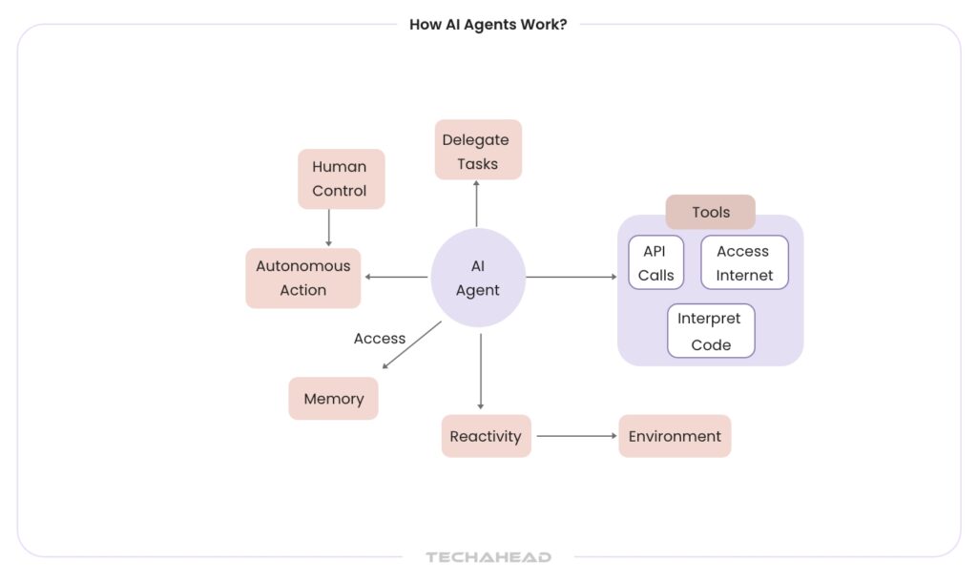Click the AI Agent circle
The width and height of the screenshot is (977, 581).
click(x=478, y=278)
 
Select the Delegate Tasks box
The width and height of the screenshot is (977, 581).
click(x=478, y=150)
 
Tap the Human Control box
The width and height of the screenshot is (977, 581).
click(x=341, y=178)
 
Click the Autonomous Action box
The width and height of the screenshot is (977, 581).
click(x=303, y=278)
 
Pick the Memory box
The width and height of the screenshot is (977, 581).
click(x=333, y=399)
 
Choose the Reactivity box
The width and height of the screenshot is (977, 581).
click(x=486, y=436)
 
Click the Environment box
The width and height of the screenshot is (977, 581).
click(x=675, y=436)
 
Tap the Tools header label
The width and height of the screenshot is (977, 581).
click(x=710, y=212)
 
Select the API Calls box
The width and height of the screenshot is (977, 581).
click(x=656, y=262)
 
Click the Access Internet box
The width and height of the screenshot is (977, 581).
click(x=744, y=262)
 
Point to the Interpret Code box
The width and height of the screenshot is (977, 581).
click(x=711, y=331)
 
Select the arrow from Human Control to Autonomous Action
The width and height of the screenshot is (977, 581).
click(x=328, y=228)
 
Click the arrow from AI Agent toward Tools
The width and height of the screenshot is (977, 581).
click(x=571, y=277)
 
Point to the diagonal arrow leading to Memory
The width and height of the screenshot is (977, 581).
click(x=411, y=344)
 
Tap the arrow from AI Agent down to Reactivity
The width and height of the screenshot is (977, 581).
click(x=481, y=372)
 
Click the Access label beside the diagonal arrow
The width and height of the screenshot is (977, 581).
click(x=380, y=339)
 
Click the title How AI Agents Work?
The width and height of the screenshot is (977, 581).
click(x=488, y=25)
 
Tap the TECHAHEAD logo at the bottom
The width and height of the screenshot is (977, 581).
click(x=488, y=557)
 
